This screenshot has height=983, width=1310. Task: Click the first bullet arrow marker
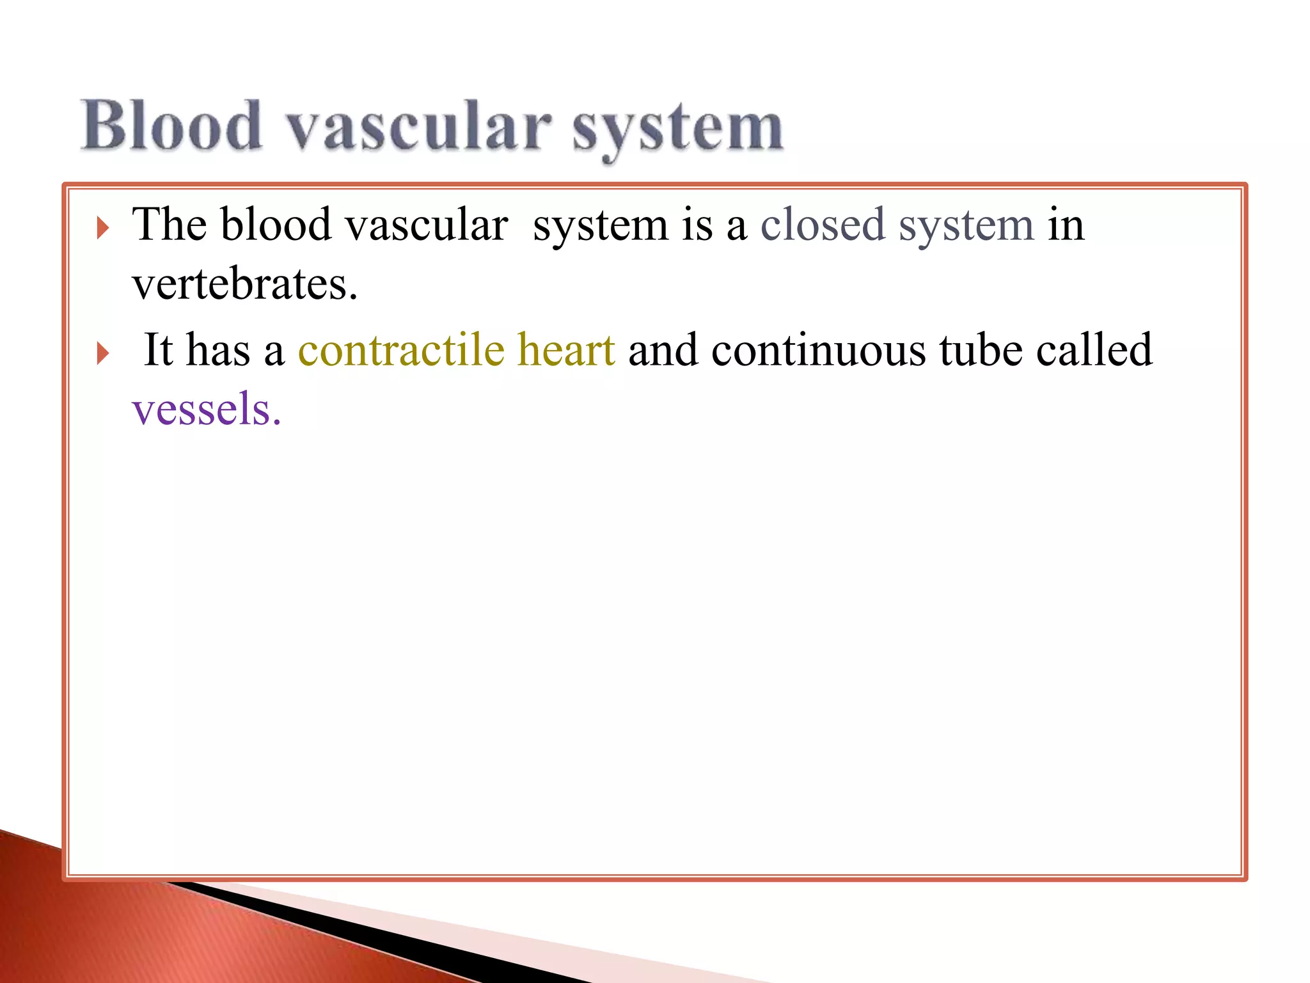(102, 228)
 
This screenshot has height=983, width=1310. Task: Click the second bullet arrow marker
(102, 353)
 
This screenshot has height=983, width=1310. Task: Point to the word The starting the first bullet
(169, 225)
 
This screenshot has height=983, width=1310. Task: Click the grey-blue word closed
(822, 225)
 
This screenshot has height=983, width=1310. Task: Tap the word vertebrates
(244, 285)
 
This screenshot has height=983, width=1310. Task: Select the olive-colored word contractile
(401, 350)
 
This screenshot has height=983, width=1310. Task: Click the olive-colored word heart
(565, 350)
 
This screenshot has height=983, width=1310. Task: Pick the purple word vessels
(206, 409)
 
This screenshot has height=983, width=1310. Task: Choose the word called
(1094, 350)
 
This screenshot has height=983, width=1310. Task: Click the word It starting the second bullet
(158, 350)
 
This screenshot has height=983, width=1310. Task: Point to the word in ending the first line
(1066, 225)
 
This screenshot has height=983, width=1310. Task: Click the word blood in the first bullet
(276, 225)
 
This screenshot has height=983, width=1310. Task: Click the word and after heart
(663, 350)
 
